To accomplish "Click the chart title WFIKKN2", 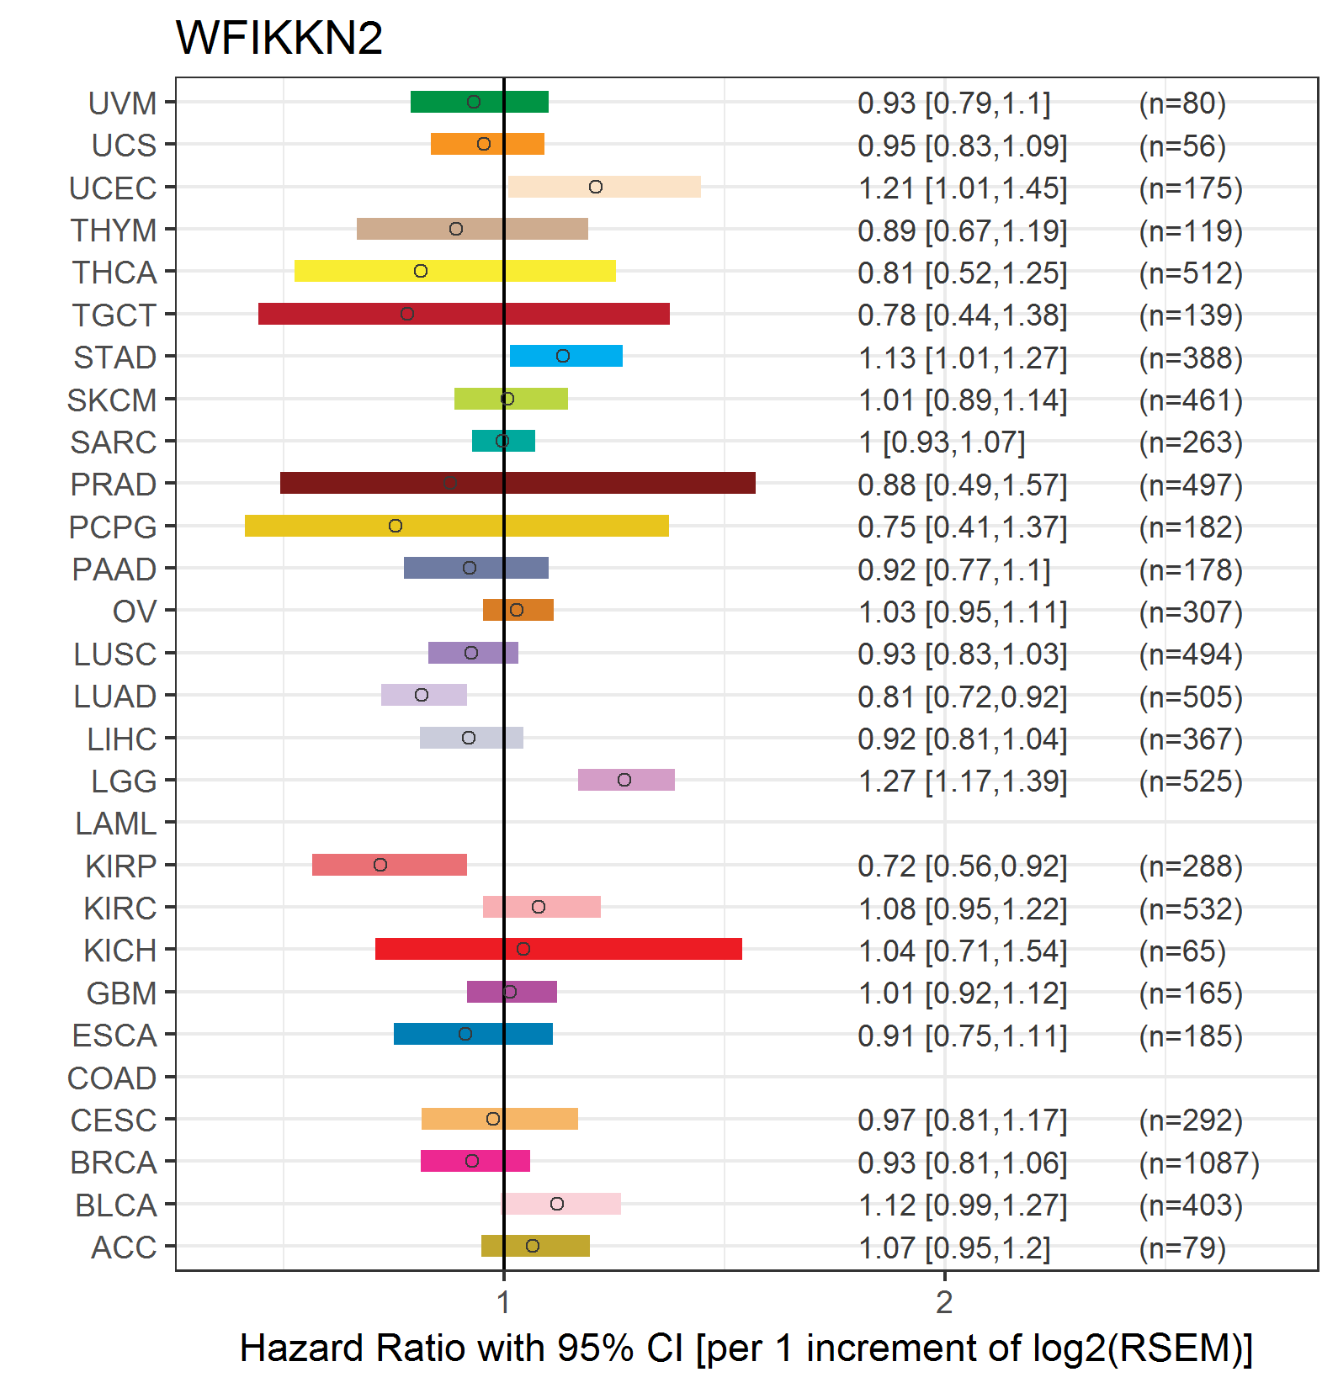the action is tap(279, 38).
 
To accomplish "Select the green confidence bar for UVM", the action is tap(480, 102).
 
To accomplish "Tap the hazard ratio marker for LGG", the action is tap(624, 780).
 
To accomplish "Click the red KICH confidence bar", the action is tap(559, 949).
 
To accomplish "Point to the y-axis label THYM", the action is tap(114, 230).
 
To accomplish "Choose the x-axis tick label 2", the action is tap(944, 1302).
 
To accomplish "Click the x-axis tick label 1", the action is tap(503, 1302).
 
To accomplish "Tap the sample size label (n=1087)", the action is tap(1199, 1163).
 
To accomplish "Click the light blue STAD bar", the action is tap(566, 356).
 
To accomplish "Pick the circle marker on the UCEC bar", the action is tap(596, 187).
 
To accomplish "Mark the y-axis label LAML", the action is tap(116, 824).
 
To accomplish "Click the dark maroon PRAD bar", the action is tap(518, 483).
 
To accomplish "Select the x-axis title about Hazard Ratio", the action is tap(746, 1348).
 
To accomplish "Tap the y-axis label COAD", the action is tap(112, 1078).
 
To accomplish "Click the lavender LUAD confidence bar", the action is tap(424, 695).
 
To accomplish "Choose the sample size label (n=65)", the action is tap(1182, 951).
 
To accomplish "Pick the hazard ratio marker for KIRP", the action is tap(380, 865).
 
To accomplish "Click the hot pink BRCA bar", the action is tap(475, 1161).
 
